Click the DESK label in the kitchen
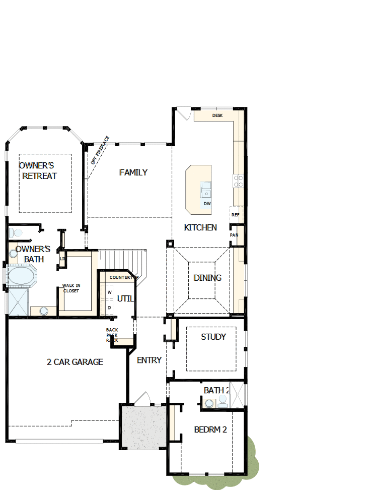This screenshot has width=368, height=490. click(x=217, y=115)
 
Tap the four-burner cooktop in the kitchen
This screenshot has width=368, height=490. click(x=238, y=181)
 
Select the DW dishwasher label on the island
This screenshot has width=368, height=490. click(x=207, y=204)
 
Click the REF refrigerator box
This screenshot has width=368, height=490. click(x=236, y=214)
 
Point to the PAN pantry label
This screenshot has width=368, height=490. click(x=234, y=235)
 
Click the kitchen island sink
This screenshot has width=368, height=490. click(x=206, y=191)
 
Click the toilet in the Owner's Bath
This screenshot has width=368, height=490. click(x=16, y=232)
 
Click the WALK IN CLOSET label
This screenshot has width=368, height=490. click(x=71, y=288)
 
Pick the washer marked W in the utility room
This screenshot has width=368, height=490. click(x=109, y=292)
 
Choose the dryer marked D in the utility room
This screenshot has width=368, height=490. click(x=109, y=307)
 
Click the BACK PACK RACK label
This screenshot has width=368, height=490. click(x=112, y=335)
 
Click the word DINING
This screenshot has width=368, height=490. click(x=207, y=278)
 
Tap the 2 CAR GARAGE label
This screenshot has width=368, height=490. click(x=75, y=362)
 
